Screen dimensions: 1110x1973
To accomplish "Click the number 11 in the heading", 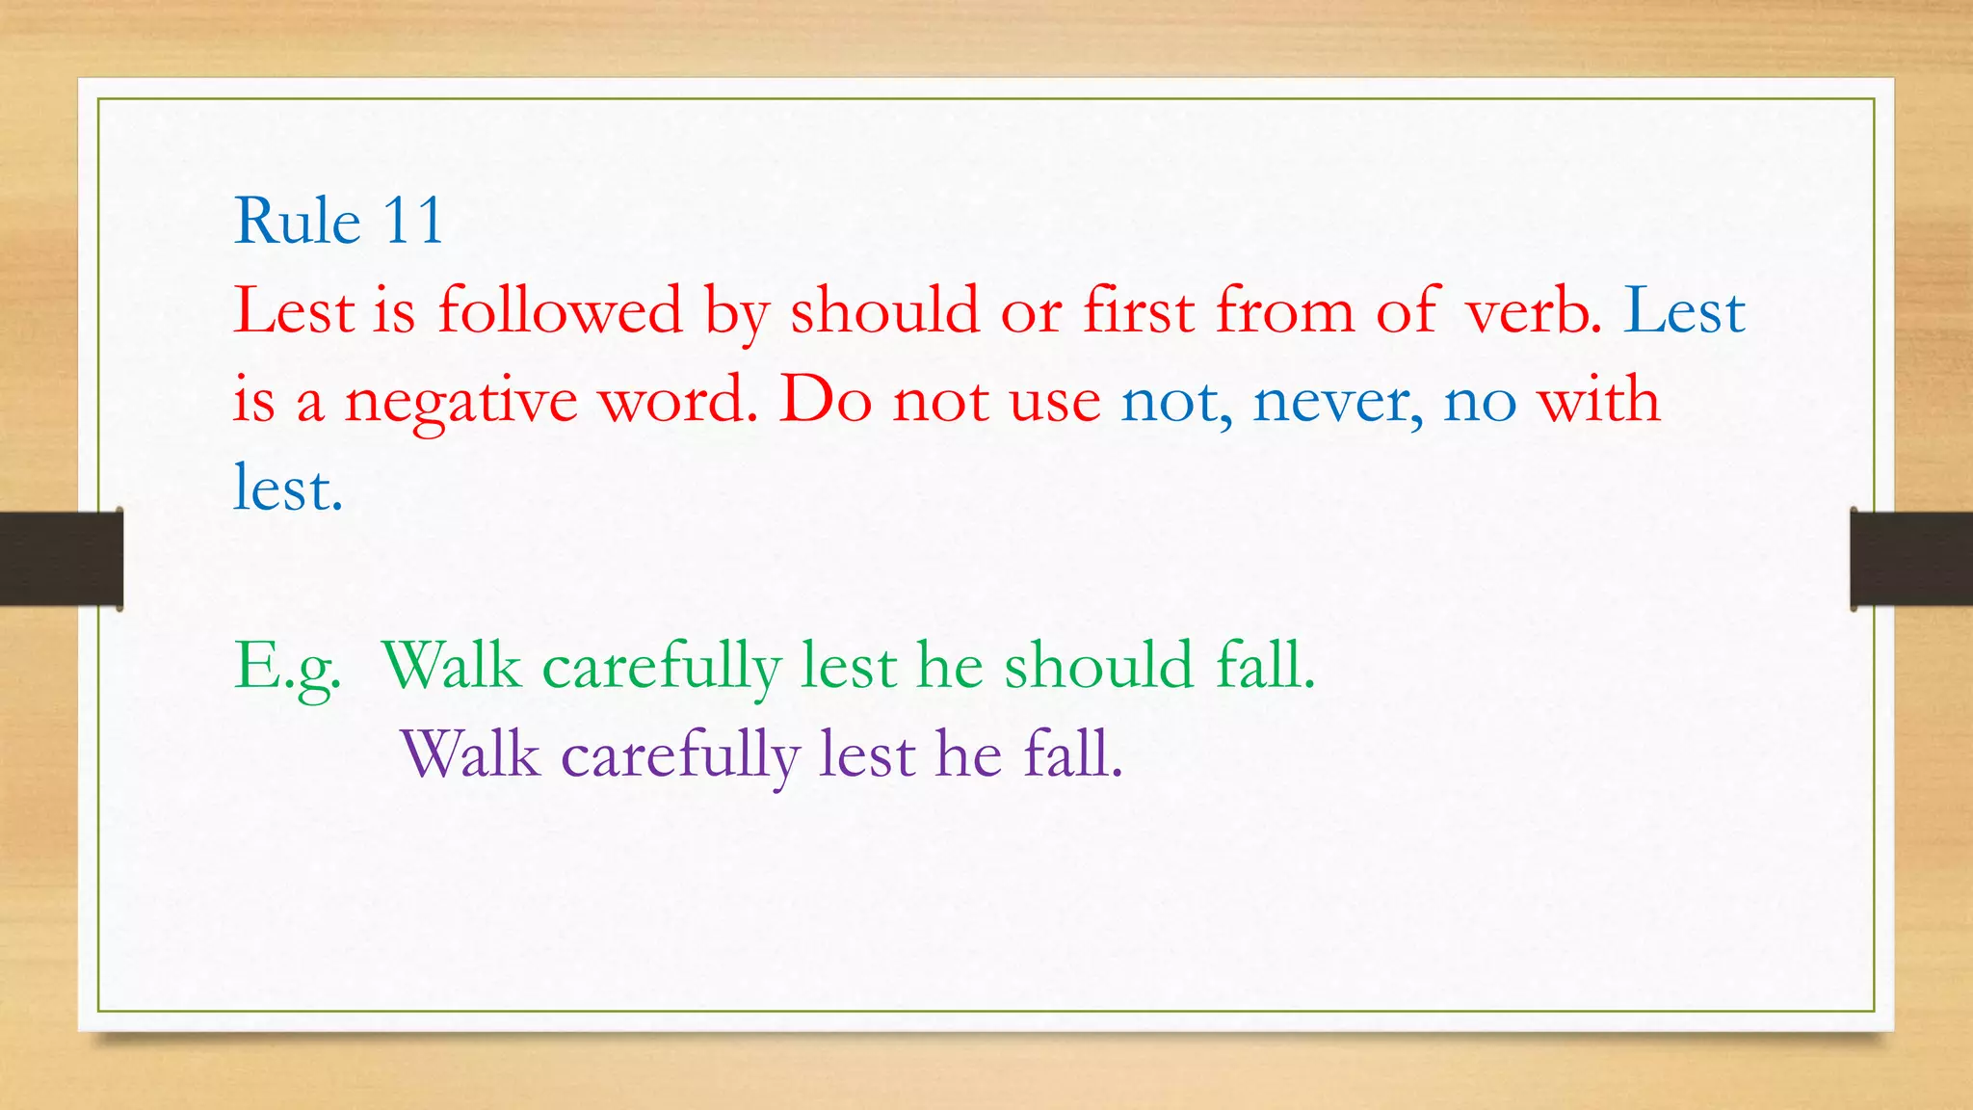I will pyautogui.click(x=413, y=222).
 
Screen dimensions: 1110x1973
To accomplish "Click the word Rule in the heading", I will pyautogui.click(x=297, y=222).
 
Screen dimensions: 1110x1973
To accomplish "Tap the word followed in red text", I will pyautogui.click(x=560, y=311).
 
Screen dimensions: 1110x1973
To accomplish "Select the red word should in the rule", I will pyautogui.click(x=884, y=311).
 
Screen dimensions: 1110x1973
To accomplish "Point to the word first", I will pyautogui.click(x=1138, y=311).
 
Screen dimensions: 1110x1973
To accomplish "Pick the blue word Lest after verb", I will pyautogui.click(x=1684, y=311).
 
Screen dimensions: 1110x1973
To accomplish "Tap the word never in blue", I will pyautogui.click(x=1337, y=401).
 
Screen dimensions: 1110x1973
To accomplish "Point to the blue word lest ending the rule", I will pyautogui.click(x=288, y=489).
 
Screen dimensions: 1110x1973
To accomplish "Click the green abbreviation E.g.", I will pyautogui.click(x=288, y=667).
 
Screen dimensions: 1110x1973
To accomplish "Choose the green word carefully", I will pyautogui.click(x=661, y=668).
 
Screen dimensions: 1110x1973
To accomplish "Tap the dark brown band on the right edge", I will pyautogui.click(x=1911, y=559).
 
